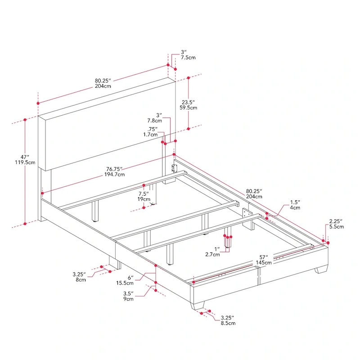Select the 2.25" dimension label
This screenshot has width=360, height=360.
[336, 220]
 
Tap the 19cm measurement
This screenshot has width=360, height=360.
[144, 198]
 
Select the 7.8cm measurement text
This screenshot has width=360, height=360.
[154, 121]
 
